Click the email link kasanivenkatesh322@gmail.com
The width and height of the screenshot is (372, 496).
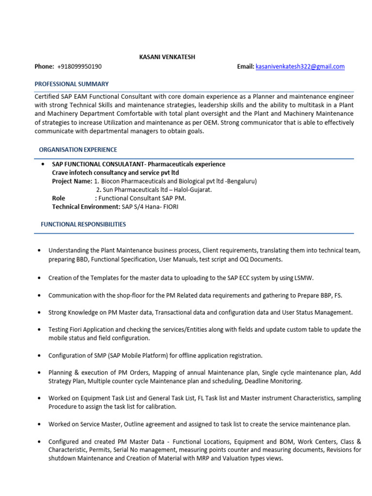300,66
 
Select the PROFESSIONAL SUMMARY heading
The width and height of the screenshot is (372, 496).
72,84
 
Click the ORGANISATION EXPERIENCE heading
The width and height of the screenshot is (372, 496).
78,150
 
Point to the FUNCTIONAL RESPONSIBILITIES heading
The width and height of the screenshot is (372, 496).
83,224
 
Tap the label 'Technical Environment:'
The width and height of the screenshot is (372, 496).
86,207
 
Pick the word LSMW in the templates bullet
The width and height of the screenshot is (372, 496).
304,278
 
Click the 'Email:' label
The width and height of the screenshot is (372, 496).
245,66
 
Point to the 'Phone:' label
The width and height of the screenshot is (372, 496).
44,66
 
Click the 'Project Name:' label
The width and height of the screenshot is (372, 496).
72,181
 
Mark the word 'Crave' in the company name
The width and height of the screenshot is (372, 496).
61,172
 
